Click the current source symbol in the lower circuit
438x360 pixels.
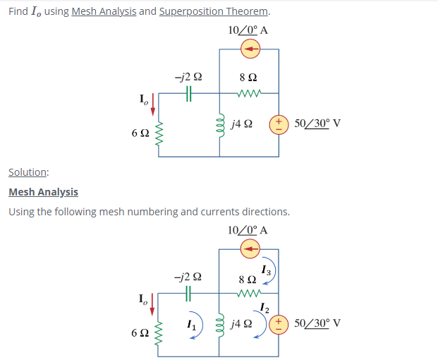click(250, 248)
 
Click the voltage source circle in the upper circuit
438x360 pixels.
click(279, 124)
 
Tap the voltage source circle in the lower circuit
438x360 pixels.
click(279, 323)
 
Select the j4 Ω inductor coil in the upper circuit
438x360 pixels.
click(219, 124)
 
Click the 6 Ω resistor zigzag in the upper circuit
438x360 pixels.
click(159, 132)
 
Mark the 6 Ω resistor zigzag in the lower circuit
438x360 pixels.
click(159, 331)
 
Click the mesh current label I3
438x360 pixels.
click(264, 270)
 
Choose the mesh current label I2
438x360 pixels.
click(264, 307)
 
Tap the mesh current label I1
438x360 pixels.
click(190, 324)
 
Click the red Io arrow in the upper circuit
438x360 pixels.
click(151, 106)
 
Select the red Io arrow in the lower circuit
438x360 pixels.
click(151, 306)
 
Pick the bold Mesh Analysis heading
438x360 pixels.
click(43, 192)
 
